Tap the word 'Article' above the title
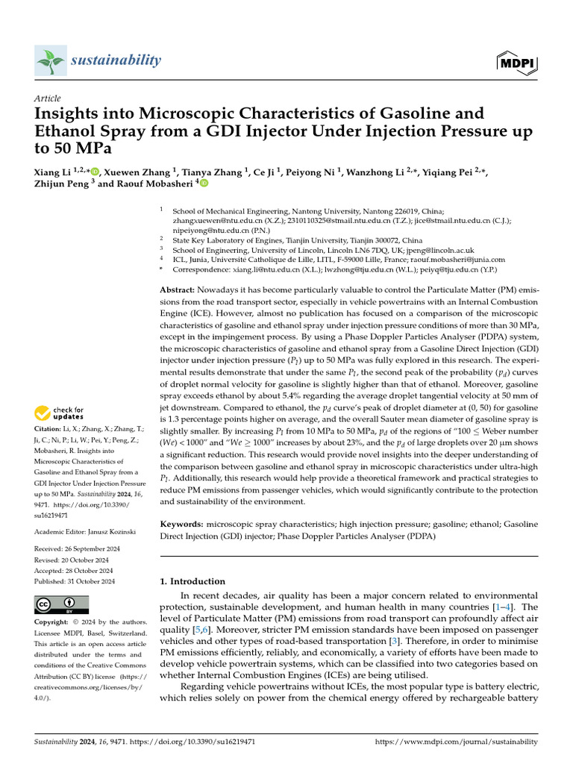click(x=48, y=98)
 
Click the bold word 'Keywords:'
click(x=182, y=525)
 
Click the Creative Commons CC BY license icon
click(x=62, y=604)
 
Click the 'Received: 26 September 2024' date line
click(x=78, y=549)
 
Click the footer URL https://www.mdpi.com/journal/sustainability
click(x=456, y=742)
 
